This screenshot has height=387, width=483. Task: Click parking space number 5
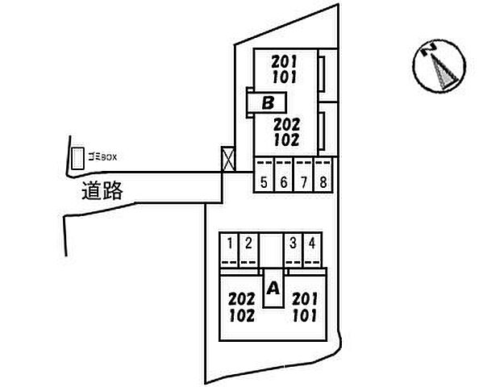264,175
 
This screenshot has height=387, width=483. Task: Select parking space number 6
283,175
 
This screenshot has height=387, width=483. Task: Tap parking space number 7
303,175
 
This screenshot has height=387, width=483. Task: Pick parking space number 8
323,175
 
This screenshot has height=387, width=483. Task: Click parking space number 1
230,250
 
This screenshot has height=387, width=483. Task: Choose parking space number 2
248,250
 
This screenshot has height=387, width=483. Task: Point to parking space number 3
294,250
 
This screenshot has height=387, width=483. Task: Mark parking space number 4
312,250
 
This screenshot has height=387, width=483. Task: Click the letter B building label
268,103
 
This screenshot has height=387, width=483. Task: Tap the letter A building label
273,289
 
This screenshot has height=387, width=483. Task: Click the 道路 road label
102,191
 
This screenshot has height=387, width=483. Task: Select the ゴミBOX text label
102,157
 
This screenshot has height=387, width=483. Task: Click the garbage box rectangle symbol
77,158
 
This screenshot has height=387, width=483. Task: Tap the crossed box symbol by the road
228,159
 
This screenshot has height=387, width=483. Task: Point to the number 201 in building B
284,62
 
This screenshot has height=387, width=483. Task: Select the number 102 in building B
286,140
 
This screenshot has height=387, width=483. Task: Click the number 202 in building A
242,299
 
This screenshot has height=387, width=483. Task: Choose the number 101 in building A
305,315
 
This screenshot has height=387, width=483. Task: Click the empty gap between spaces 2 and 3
271,250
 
